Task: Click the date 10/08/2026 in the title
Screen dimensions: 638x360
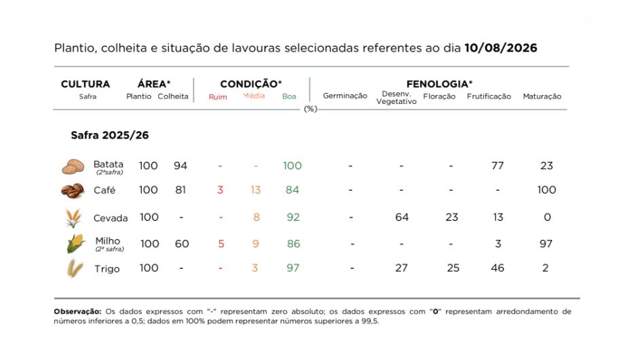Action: coord(500,48)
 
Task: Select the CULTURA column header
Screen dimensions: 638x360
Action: coord(86,84)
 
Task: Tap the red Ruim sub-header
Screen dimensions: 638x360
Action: coord(218,97)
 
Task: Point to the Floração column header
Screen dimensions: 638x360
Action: coord(439,96)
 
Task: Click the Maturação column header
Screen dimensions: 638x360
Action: coord(542,96)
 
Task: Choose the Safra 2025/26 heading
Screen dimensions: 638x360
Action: coord(110,135)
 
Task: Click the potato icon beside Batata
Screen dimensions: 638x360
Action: coord(73,166)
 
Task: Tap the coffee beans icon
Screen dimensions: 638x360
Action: coord(73,191)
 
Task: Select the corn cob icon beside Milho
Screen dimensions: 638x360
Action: coord(76,244)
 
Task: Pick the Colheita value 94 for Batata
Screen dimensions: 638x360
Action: coord(181,166)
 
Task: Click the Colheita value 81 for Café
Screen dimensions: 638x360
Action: coord(181,190)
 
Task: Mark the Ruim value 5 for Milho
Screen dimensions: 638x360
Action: coord(221,244)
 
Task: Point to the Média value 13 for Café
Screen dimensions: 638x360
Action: coord(255,190)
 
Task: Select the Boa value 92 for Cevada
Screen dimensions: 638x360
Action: coord(293,217)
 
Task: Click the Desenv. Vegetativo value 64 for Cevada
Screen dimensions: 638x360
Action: coord(402,217)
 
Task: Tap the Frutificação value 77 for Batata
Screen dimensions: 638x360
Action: coord(498,166)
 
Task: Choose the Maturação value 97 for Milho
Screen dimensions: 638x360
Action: coord(546,244)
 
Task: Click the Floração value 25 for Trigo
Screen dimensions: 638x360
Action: coord(453,268)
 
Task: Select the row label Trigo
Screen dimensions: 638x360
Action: coord(107,269)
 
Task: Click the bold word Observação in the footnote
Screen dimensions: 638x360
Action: coord(77,312)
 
